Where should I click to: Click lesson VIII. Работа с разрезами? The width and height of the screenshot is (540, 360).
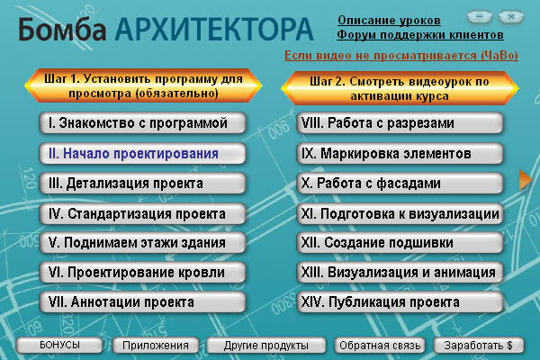400,123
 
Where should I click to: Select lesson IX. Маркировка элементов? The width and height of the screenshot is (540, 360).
400,154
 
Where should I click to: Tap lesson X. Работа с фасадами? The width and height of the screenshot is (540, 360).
400,184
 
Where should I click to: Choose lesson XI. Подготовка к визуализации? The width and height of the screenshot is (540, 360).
400,214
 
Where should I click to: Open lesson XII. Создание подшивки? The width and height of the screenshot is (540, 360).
400,243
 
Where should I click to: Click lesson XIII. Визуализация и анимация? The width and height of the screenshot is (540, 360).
400,273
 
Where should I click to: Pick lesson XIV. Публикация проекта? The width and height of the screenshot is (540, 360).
400,302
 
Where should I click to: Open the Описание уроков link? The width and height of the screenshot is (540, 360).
390,20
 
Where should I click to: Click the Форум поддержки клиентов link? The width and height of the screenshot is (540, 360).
420,35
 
